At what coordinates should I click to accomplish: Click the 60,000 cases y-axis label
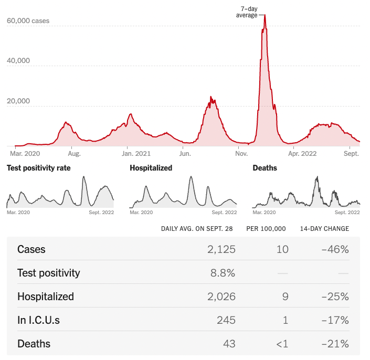pos(28,21)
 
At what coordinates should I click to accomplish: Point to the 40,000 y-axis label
pos(18,61)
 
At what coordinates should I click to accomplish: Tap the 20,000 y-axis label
pos(18,101)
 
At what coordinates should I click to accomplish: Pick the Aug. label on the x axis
pos(75,154)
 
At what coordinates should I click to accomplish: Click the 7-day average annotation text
pos(247,12)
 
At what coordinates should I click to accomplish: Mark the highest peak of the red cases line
pos(265,15)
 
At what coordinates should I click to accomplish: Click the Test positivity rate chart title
pos(38,168)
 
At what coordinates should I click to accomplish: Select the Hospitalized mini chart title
pos(151,168)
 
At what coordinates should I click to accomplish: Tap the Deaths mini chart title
pos(265,168)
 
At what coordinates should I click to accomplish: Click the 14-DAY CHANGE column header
pos(324,229)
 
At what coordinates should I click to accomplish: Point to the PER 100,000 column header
pos(266,229)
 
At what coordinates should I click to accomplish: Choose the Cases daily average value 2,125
pos(221,249)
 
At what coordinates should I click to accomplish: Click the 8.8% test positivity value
pos(224,273)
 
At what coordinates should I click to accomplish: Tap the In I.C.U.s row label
pos(38,320)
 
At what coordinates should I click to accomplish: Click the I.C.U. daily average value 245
pos(226,320)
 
